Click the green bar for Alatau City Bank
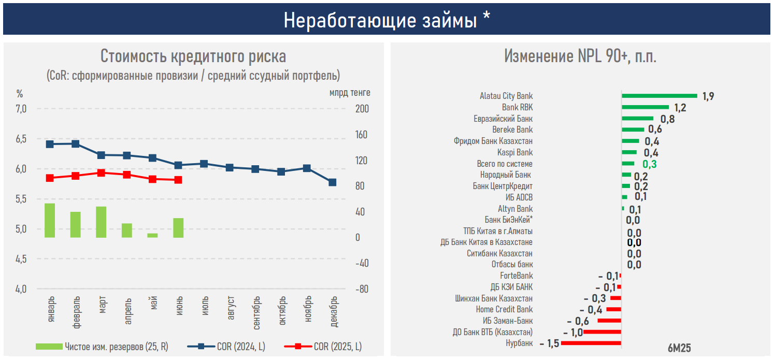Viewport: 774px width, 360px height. pos(659,96)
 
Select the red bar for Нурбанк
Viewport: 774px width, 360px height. pos(591,343)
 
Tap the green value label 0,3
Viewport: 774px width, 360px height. pos(650,164)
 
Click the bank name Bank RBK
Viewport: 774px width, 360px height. pos(517,107)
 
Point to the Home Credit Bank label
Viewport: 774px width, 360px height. pos(504,309)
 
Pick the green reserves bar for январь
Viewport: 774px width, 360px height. pos(50,220)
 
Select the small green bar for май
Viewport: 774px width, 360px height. pos(152,235)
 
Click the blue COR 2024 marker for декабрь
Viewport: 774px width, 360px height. pos(332,182)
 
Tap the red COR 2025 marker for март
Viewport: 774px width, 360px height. pos(101,173)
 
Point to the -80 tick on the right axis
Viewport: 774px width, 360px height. pos(362,289)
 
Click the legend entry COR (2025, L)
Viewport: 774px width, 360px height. pos(337,347)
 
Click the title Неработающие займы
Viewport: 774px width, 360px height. pos(386,20)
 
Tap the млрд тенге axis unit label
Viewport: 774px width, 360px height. pos(350,93)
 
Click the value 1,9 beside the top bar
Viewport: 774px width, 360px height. pos(708,96)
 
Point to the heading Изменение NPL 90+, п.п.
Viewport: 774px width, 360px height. pos(580,56)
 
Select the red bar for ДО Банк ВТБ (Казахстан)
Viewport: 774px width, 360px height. pos(602,332)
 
